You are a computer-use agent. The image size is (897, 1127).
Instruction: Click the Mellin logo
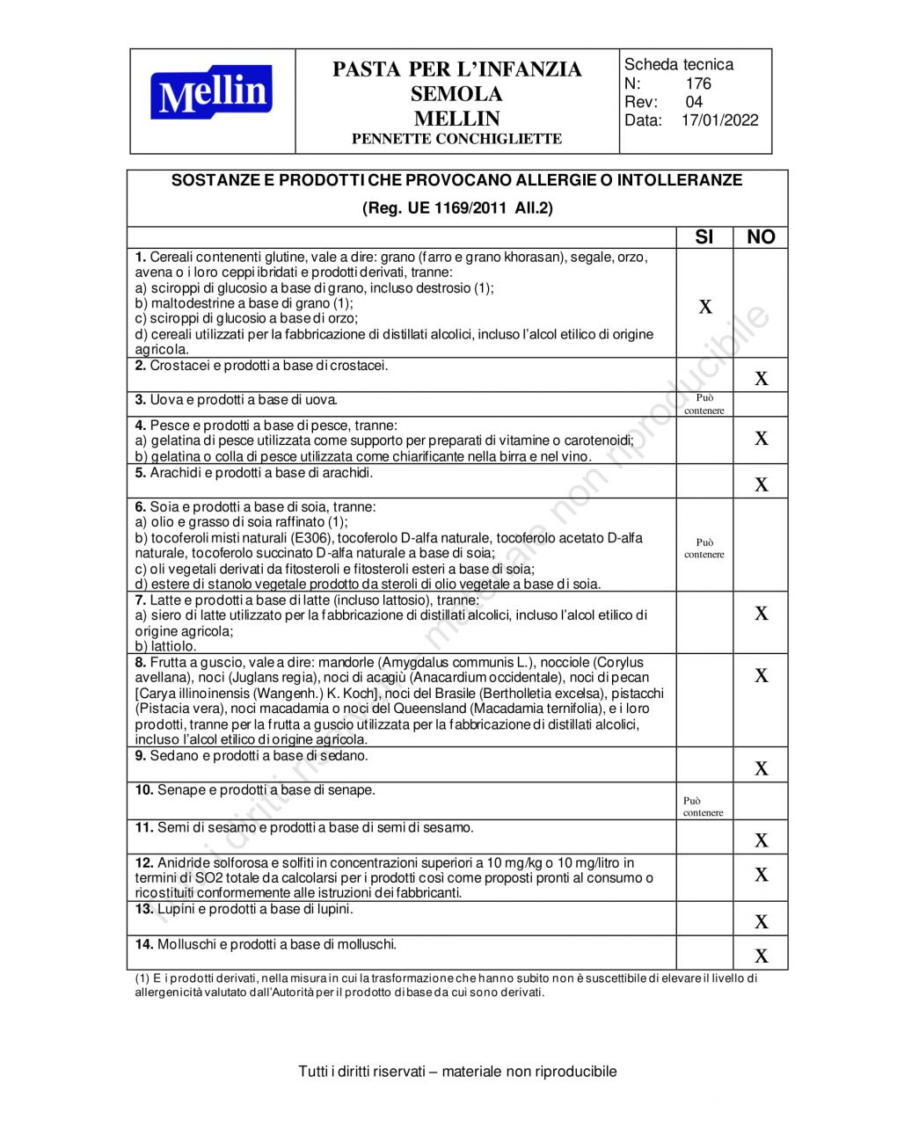click(212, 93)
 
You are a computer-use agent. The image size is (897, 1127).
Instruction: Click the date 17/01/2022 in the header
click(719, 120)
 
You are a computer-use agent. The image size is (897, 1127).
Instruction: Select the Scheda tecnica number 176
click(698, 84)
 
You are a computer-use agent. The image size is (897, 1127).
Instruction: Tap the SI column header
click(704, 237)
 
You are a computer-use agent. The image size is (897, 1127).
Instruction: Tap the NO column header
click(761, 237)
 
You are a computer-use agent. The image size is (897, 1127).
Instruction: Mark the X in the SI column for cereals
click(705, 307)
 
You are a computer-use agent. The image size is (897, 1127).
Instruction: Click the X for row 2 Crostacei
click(762, 379)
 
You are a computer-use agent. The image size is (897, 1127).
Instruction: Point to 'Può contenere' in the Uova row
click(704, 404)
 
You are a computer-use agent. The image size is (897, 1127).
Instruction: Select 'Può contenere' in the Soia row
click(704, 549)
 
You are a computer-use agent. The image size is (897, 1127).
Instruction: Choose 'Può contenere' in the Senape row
click(704, 807)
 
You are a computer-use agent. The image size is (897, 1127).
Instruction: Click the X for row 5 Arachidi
click(762, 484)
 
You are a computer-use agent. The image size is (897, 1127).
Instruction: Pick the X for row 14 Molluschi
click(762, 956)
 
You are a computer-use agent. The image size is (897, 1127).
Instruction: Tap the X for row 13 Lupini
click(762, 922)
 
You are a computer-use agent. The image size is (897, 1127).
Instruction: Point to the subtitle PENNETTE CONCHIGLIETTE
click(456, 139)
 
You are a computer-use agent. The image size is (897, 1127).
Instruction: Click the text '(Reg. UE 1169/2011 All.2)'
click(457, 208)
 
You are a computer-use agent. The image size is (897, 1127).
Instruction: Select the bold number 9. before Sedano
click(141, 756)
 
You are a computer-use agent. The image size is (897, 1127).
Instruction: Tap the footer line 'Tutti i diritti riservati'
click(457, 1072)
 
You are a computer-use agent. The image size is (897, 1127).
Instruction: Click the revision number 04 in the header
click(694, 102)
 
